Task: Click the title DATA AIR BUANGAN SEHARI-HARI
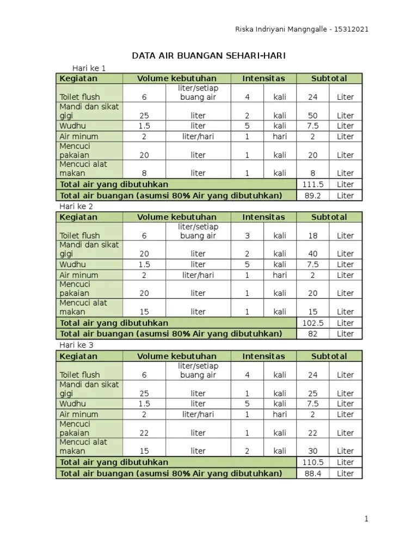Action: [209, 56]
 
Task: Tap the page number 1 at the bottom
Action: [367, 519]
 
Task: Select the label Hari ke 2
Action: [76, 207]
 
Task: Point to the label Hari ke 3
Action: [76, 345]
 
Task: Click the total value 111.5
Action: [312, 185]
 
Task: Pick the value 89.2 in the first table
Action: [312, 196]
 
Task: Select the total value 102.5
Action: [312, 323]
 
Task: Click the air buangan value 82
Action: [312, 334]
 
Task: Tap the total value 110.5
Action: [312, 462]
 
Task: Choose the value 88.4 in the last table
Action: [312, 474]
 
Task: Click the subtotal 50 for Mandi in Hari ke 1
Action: [312, 116]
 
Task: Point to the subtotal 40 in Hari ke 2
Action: [312, 254]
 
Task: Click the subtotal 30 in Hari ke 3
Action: [312, 451]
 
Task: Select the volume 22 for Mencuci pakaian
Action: [144, 433]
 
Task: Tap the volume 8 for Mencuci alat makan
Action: [144, 173]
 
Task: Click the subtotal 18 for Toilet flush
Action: [312, 236]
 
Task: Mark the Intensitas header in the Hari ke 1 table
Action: [263, 78]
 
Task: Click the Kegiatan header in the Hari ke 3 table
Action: [78, 356]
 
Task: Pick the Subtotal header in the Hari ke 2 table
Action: [329, 217]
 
